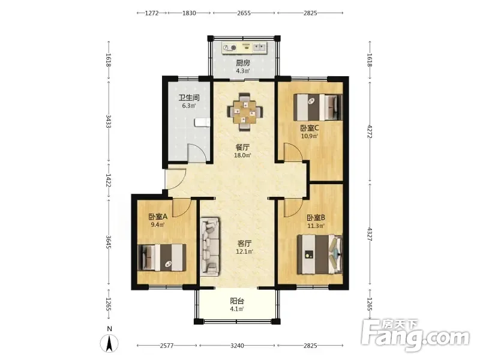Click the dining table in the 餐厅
tap(245, 112)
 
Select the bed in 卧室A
tap(162, 257)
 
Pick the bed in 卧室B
tap(320, 254)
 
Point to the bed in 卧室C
tap(318, 107)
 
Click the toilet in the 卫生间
tap(202, 122)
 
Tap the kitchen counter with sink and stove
tap(245, 48)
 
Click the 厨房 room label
tap(243, 63)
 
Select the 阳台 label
tap(237, 301)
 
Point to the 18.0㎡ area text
tap(242, 155)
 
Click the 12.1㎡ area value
tap(245, 251)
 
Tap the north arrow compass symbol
tap(109, 343)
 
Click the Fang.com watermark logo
tap(415, 335)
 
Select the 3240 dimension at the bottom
tap(237, 346)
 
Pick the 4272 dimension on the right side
tap(370, 131)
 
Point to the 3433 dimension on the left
tap(109, 121)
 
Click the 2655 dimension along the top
tap(244, 13)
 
